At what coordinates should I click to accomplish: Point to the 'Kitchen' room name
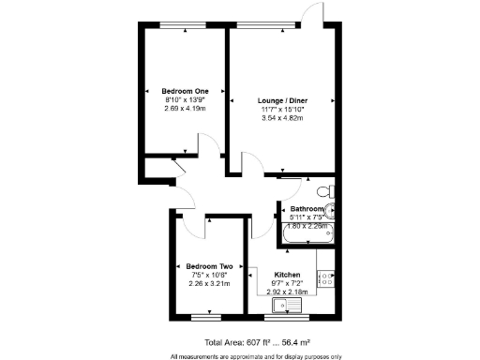pos(287,274)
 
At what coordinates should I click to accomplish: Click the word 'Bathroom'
pos(307,208)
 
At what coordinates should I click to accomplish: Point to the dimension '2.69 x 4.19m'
pos(184,108)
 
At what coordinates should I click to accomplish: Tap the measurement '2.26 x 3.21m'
pos(209,283)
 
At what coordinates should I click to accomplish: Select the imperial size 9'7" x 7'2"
pos(287,282)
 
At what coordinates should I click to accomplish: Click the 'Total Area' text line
pos(254,343)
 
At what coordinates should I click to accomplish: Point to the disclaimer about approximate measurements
pos(255,356)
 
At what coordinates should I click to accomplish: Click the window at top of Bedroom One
pos(184,24)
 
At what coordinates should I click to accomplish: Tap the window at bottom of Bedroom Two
pos(209,321)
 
